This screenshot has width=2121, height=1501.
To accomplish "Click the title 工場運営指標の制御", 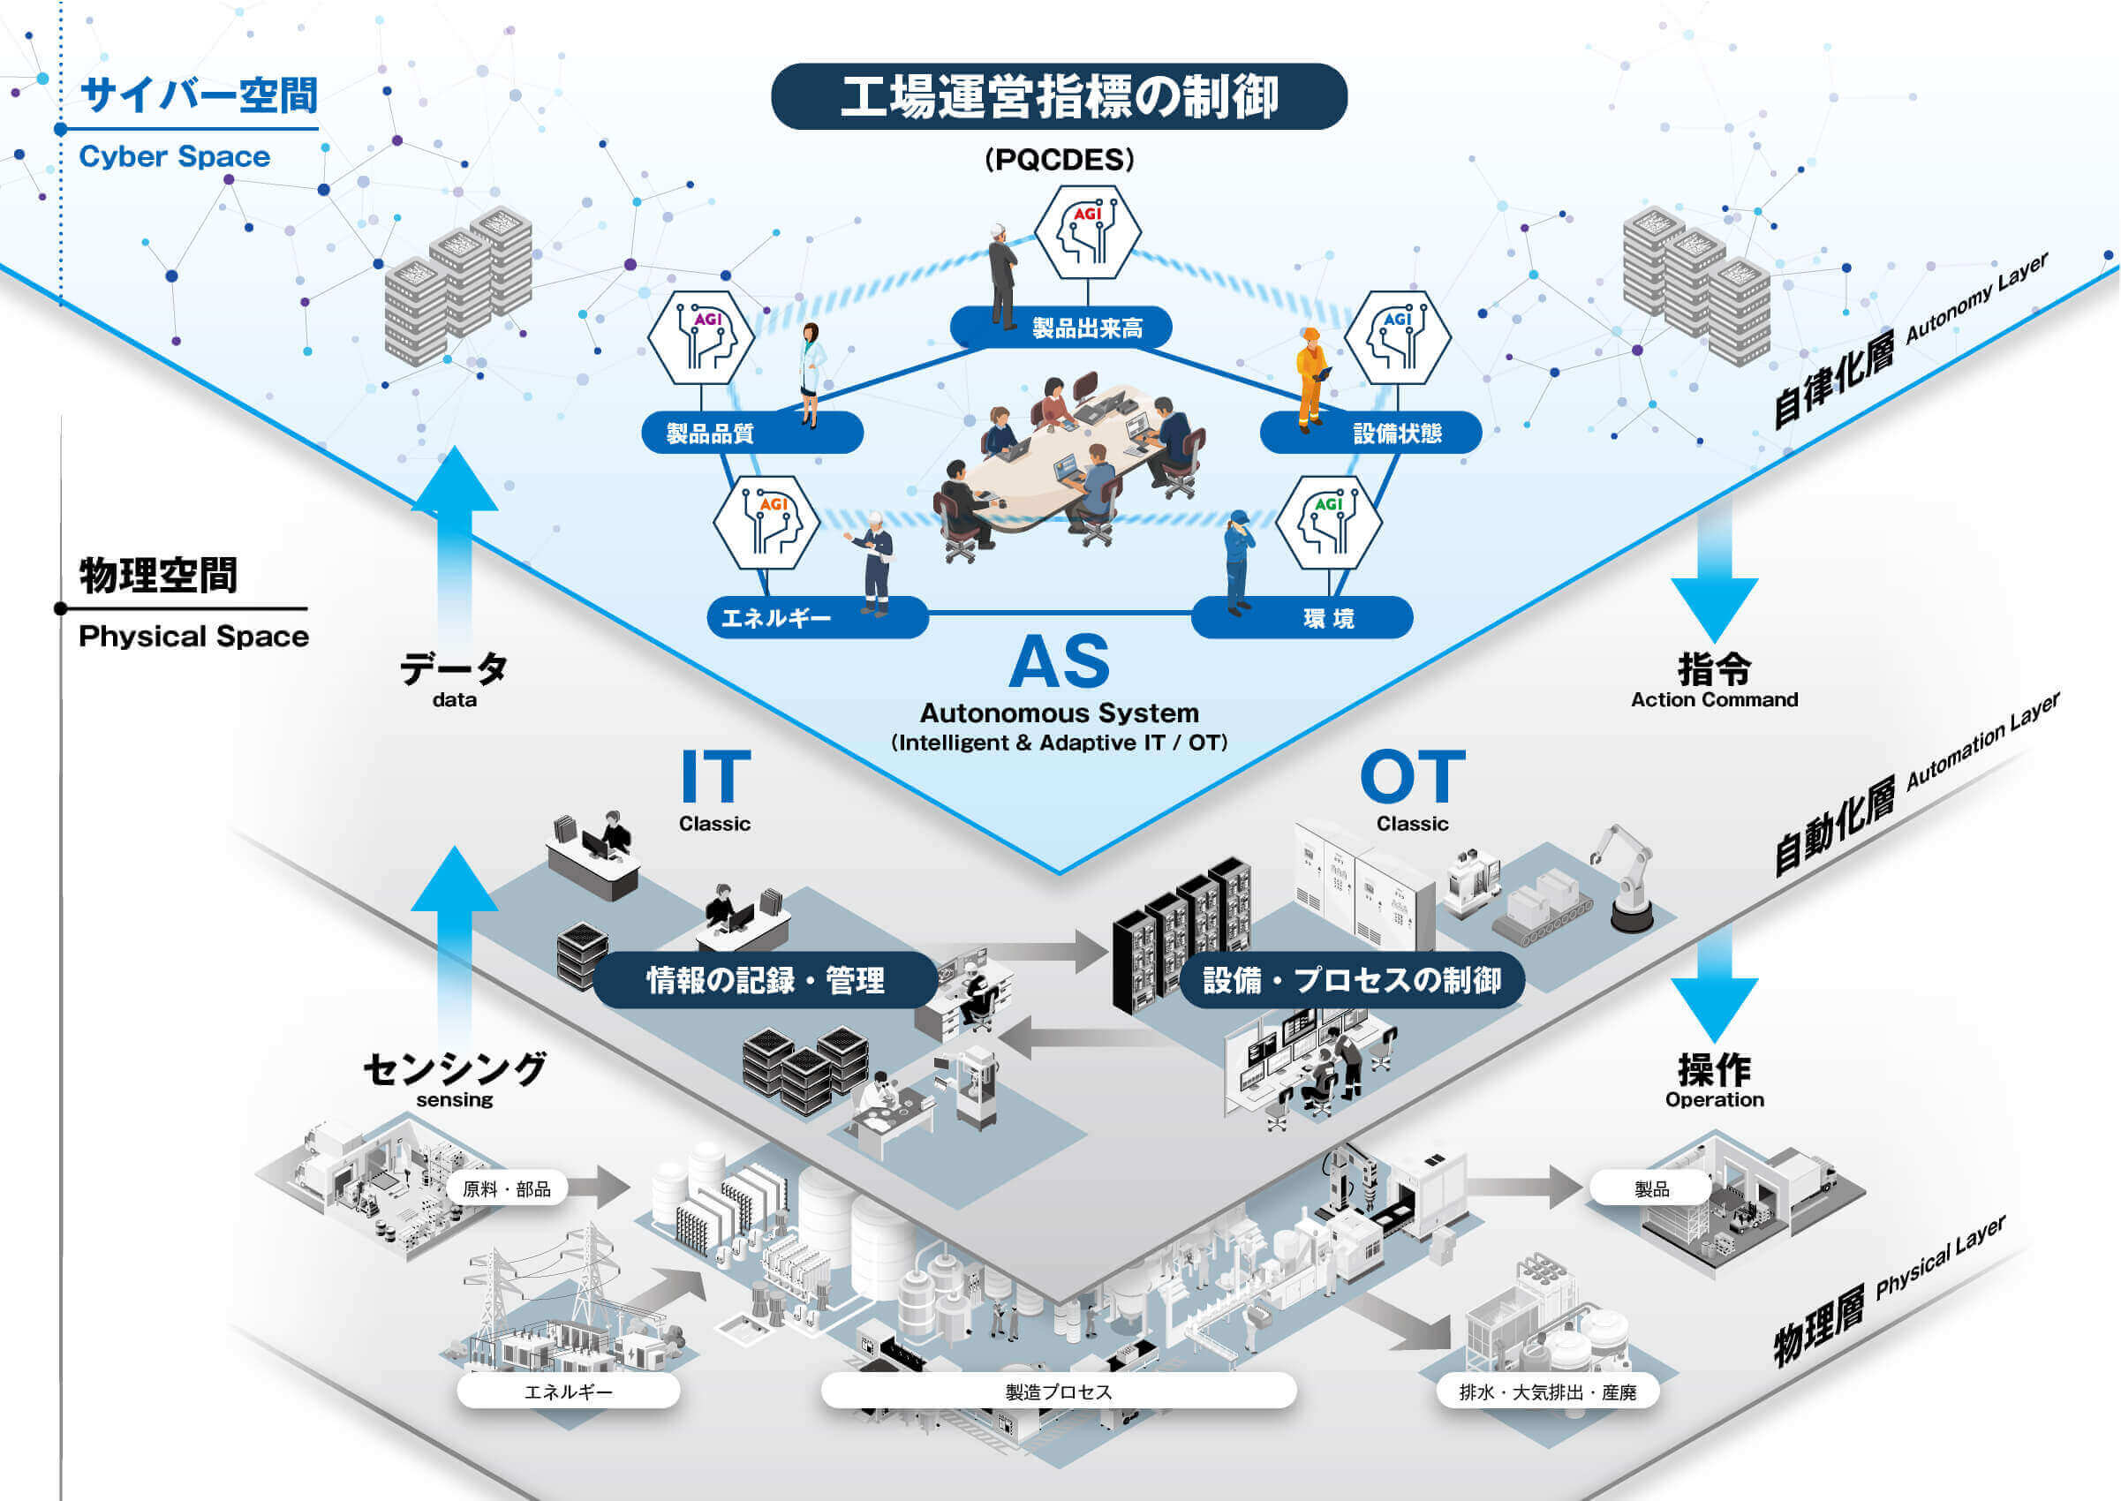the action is pyautogui.click(x=1059, y=96).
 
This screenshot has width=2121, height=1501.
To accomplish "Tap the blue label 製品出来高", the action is pyautogui.click(x=1061, y=328).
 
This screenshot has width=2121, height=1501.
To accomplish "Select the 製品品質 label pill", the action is pyautogui.click(x=752, y=433).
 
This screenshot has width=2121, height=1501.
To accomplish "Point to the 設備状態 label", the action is pyautogui.click(x=1370, y=433).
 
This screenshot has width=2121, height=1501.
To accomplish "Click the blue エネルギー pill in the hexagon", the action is pyautogui.click(x=818, y=617).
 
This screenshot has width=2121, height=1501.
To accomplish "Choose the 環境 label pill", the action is pyautogui.click(x=1302, y=617).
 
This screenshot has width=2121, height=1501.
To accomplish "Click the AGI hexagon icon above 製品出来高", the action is pyautogui.click(x=1087, y=232).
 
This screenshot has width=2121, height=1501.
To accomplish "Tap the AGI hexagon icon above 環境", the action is pyautogui.click(x=1329, y=522).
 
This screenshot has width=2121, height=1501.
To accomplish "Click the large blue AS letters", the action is pyautogui.click(x=1059, y=662).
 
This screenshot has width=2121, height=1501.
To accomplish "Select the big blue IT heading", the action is pyautogui.click(x=715, y=776).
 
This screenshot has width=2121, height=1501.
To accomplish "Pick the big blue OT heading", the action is pyautogui.click(x=1412, y=776).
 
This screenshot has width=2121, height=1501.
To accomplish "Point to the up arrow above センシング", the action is pyautogui.click(x=455, y=947).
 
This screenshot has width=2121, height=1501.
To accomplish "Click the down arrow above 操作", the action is pyautogui.click(x=1714, y=985).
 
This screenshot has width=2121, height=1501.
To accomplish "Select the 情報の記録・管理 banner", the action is pyautogui.click(x=766, y=980).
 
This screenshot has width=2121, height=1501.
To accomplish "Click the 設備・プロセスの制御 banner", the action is pyautogui.click(x=1352, y=980).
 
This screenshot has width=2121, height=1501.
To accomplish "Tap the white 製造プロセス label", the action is pyautogui.click(x=1059, y=1391).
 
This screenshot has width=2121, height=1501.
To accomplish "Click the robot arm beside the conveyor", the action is pyautogui.click(x=1627, y=877).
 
